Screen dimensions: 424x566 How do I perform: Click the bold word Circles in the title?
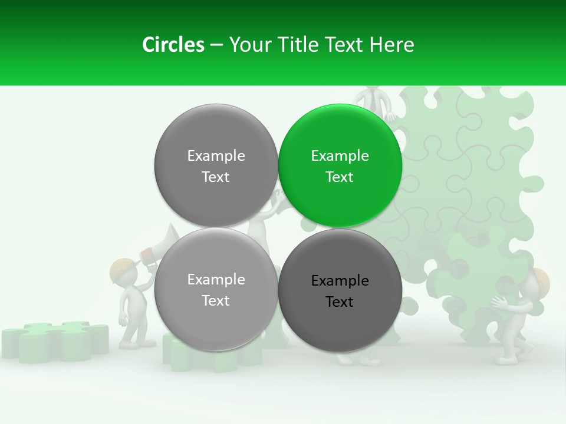coord(173,45)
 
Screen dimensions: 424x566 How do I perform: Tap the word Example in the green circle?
coord(340,156)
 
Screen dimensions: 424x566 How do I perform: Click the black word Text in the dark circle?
coord(340,302)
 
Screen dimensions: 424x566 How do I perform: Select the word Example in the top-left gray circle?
coord(216,156)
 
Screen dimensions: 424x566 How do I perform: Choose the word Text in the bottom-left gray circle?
coord(216,301)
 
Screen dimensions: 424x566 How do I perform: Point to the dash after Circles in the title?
coord(216,45)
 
